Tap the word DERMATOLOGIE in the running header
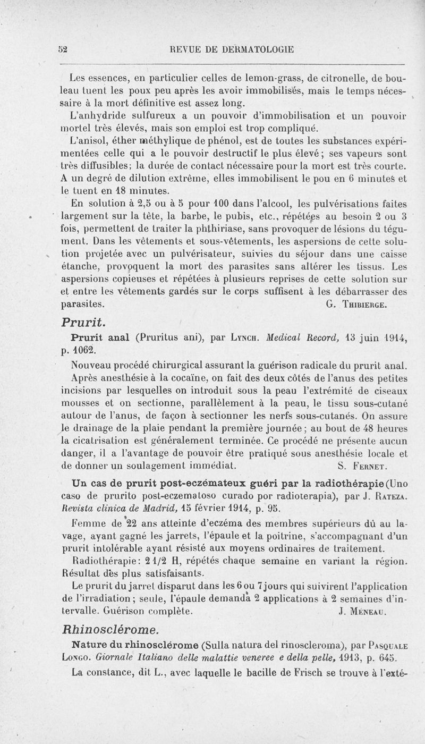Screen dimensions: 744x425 coord(251,50)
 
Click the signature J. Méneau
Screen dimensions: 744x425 coord(364,611)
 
